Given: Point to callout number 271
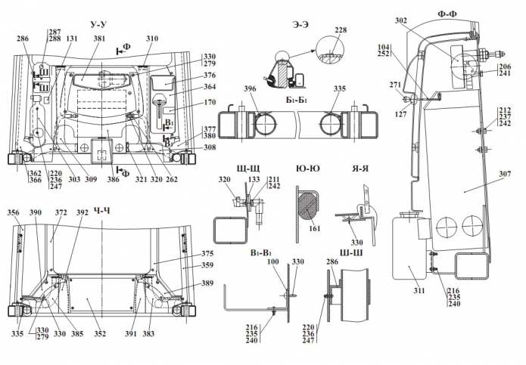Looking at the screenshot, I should (x=394, y=85).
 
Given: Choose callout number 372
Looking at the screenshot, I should (x=61, y=214).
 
